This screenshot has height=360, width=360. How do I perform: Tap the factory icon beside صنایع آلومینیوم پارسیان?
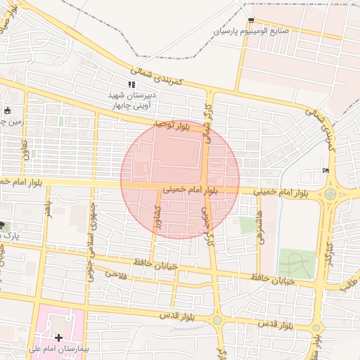[252, 20]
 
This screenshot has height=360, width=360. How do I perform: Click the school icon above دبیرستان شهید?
[132, 84]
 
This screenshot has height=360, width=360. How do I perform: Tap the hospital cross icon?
[58, 337]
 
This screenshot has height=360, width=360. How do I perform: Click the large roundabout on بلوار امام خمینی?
[330, 193]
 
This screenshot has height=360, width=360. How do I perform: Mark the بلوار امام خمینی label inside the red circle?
[192, 190]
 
